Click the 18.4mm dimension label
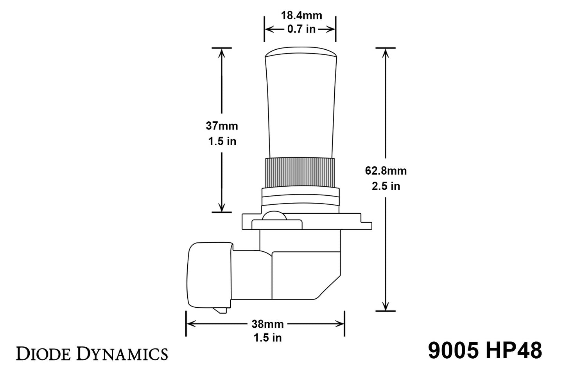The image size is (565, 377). pyautogui.click(x=301, y=16)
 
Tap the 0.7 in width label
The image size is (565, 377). pyautogui.click(x=301, y=29)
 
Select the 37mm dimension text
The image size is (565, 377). pyautogui.click(x=222, y=126)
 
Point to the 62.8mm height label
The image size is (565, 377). pyautogui.click(x=386, y=171)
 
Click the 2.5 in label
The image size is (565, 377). pyautogui.click(x=386, y=186)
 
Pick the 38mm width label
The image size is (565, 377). pyautogui.click(x=267, y=324)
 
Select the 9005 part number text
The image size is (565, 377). pyautogui.click(x=454, y=350)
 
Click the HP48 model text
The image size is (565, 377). pyautogui.click(x=514, y=350)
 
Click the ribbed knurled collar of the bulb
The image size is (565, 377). pyautogui.click(x=300, y=172)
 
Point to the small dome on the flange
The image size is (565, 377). pyautogui.click(x=274, y=216)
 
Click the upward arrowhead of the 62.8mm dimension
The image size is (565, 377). pyautogui.click(x=386, y=53)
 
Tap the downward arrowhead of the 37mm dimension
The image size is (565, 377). pyautogui.click(x=222, y=206)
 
